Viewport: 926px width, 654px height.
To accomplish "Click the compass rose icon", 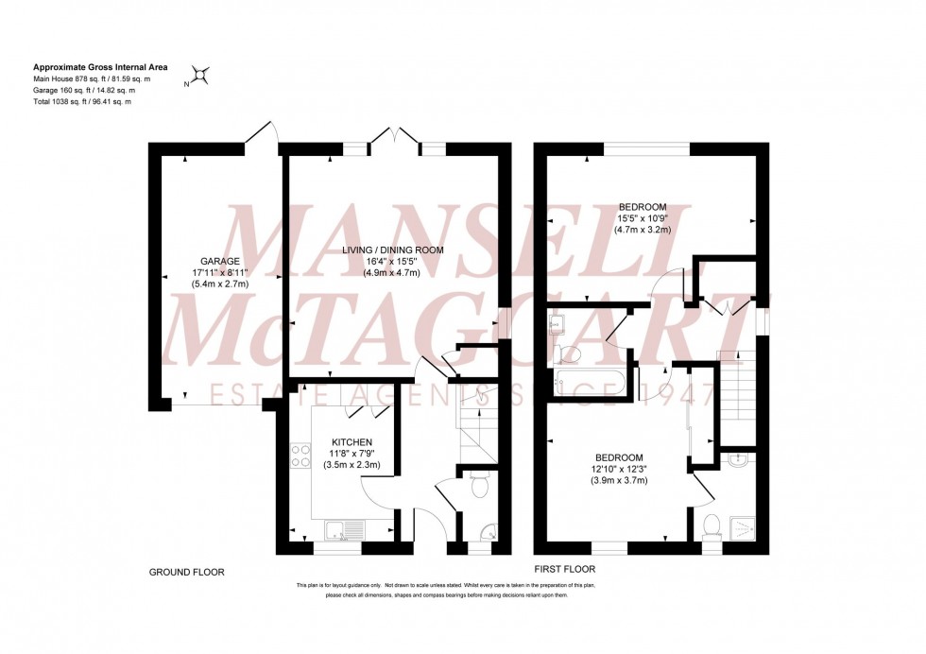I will pyautogui.click(x=200, y=76).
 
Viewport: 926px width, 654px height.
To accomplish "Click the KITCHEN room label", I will pyautogui.click(x=351, y=441).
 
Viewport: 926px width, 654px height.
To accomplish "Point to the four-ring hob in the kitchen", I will pyautogui.click(x=300, y=456).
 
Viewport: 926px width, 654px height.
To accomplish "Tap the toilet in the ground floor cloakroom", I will pyautogui.click(x=479, y=487).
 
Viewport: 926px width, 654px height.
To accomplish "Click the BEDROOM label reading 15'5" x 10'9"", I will pyautogui.click(x=643, y=207).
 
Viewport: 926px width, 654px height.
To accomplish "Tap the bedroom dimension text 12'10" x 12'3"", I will pyautogui.click(x=618, y=469).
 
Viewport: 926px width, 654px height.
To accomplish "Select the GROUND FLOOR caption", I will pyautogui.click(x=187, y=573).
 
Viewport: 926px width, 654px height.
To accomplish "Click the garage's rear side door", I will pyautogui.click(x=262, y=136).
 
